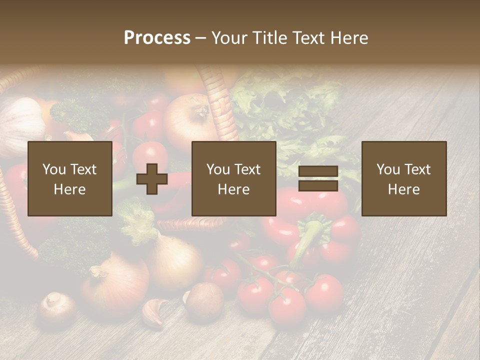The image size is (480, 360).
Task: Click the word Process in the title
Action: [x=157, y=37]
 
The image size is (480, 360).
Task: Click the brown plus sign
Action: [x=152, y=179]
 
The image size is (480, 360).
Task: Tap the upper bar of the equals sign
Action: [x=318, y=172]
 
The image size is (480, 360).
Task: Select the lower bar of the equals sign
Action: [x=318, y=186]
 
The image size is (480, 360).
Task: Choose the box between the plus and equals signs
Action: [x=233, y=178]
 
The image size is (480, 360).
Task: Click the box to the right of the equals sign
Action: [x=403, y=178]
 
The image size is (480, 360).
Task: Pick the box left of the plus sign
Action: [x=69, y=178]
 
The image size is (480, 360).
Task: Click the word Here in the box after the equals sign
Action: [x=403, y=189]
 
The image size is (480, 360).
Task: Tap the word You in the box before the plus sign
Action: [x=54, y=169]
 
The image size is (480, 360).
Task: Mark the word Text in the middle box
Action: [x=247, y=169]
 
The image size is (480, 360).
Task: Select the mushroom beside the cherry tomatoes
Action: [x=204, y=300]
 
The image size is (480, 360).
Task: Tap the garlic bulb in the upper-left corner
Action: [x=22, y=120]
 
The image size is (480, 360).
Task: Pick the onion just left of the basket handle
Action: [x=185, y=120]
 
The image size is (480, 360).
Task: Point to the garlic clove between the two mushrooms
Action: [x=155, y=312]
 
